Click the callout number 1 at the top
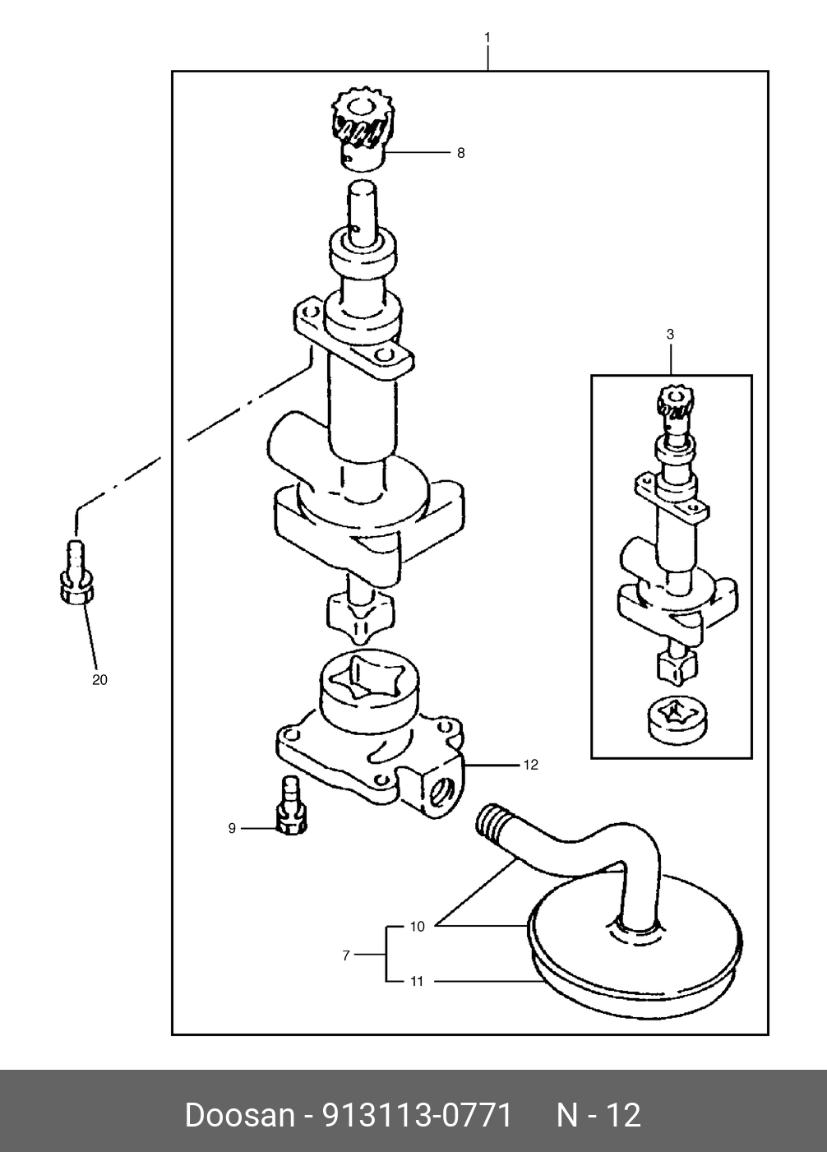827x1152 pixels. pyautogui.click(x=487, y=37)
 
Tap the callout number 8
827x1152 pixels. pyautogui.click(x=460, y=153)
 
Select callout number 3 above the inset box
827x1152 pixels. pyautogui.click(x=670, y=334)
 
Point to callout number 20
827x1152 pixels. pyautogui.click(x=99, y=680)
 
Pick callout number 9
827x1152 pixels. pyautogui.click(x=232, y=828)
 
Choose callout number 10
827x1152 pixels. pyautogui.click(x=417, y=927)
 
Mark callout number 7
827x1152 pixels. pyautogui.click(x=346, y=955)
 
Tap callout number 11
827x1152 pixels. pyautogui.click(x=417, y=981)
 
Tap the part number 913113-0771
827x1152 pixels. pyautogui.click(x=417, y=1115)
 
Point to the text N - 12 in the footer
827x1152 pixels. pyautogui.click(x=598, y=1115)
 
